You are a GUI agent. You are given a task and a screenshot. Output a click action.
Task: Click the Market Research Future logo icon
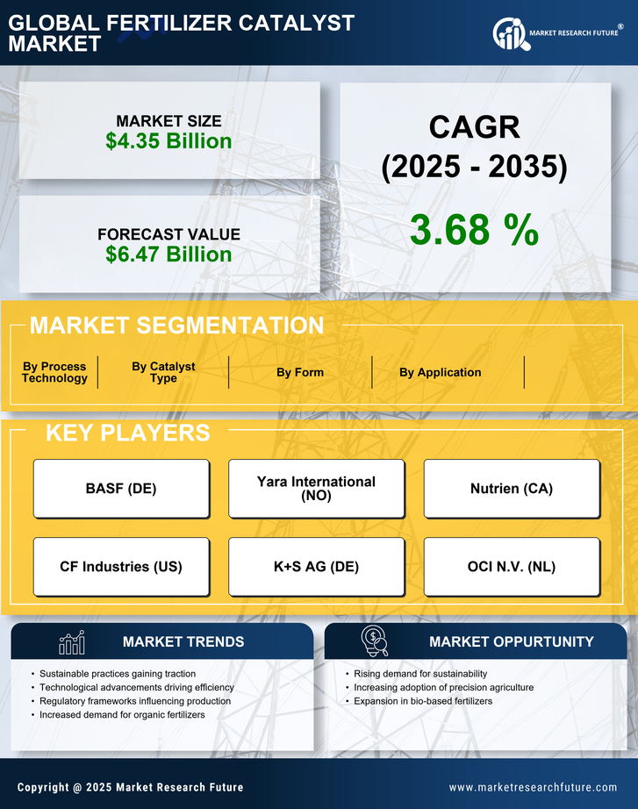509,33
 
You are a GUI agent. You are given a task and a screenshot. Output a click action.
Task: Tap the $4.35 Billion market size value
168,141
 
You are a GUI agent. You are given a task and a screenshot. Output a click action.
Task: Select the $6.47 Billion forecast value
168,254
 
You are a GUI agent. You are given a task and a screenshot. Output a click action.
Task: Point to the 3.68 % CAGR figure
474,230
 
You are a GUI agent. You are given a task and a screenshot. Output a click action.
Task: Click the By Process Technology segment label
54,372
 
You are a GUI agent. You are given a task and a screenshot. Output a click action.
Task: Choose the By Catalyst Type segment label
163,372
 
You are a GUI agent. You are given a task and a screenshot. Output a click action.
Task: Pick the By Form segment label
300,372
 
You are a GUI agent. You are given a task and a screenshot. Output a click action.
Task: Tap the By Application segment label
440,372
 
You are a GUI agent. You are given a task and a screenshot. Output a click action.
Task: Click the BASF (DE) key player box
121,489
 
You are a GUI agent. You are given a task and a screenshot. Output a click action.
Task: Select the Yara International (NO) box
316,489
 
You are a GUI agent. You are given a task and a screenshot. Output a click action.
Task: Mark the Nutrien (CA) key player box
512,489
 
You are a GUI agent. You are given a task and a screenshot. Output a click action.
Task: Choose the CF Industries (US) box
121,567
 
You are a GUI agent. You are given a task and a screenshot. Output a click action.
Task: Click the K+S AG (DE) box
316,567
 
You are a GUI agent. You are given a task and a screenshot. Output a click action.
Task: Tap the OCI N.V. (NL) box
512,567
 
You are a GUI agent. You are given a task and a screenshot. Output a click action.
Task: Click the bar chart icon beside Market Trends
71,642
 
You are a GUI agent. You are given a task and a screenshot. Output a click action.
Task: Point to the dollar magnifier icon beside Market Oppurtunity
374,641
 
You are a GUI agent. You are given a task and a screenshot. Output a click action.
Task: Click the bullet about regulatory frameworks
135,701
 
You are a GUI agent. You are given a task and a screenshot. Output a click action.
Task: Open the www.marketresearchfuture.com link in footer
533,787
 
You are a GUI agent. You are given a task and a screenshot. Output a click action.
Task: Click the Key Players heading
127,433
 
